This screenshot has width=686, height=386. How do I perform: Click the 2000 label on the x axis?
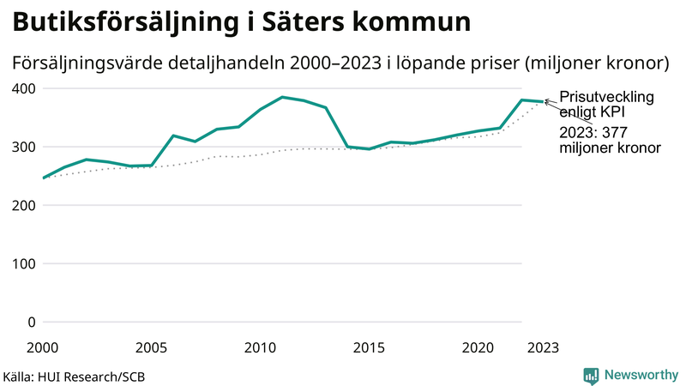coord(43,347)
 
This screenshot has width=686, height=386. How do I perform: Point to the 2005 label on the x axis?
coord(151,347)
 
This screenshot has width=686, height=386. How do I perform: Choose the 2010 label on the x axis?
coord(260,347)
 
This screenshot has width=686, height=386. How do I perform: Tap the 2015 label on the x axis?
coord(369,347)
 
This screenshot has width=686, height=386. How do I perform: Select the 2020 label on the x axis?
coord(478,347)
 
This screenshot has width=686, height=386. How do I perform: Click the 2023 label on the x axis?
coord(543,347)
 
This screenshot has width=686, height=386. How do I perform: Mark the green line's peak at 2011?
coord(282,97)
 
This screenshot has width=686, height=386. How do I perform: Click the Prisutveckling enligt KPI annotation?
coord(605,105)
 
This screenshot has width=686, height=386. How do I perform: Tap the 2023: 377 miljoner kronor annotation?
coord(609,140)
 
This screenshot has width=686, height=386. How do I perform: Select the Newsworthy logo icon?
coord(591,375)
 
